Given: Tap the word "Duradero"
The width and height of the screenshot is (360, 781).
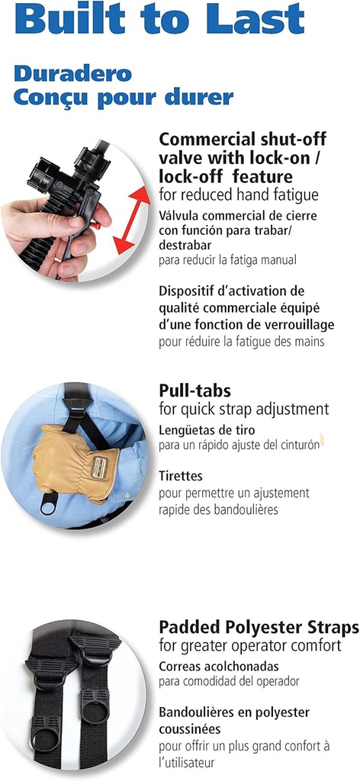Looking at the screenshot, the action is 72,74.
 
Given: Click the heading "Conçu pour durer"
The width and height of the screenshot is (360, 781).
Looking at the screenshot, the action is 124,97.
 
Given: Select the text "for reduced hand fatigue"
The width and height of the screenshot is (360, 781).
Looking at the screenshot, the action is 239,195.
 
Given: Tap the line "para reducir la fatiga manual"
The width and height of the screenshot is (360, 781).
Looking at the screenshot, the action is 227,260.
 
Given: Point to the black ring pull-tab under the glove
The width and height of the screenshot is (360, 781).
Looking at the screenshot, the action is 49,506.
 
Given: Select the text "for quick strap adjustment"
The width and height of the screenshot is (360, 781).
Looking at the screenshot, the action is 244,410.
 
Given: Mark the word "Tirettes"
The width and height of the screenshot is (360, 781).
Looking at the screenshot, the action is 181,476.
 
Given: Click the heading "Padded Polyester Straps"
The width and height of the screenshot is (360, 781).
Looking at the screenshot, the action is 259,627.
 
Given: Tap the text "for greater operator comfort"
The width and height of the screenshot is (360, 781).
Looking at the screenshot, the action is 250,646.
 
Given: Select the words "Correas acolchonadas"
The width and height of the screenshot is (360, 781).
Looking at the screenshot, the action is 219,666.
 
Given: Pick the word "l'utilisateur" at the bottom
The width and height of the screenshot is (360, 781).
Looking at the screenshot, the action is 187,763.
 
